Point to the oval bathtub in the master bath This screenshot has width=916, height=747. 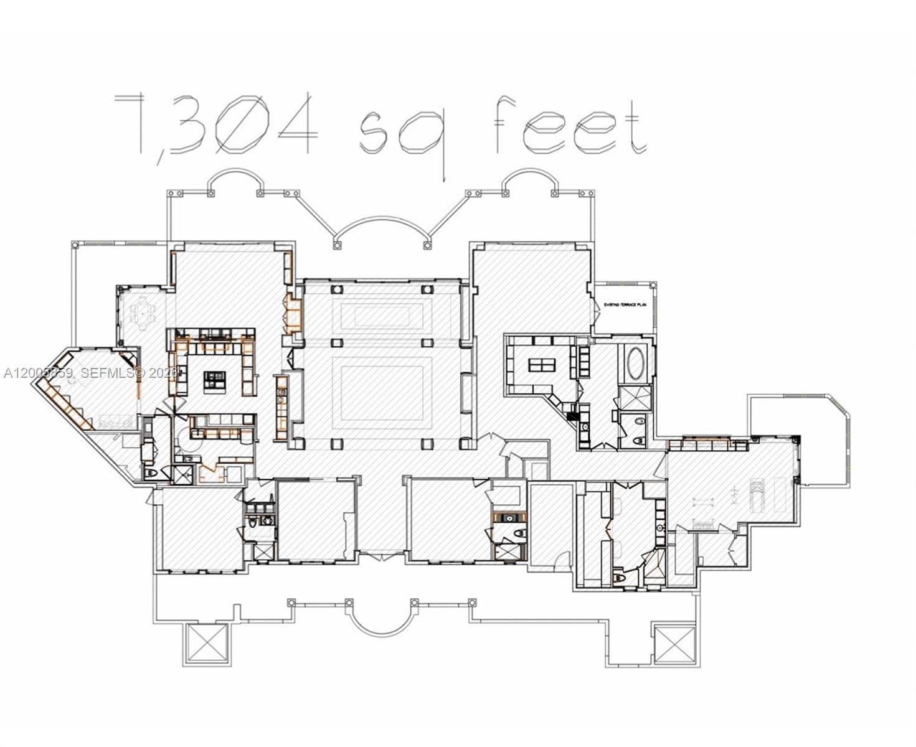636,364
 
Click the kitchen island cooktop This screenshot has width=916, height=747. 215,378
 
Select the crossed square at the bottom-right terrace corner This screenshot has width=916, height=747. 674,643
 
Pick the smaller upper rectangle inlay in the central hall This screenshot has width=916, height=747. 382,316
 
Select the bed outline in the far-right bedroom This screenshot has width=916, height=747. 757,494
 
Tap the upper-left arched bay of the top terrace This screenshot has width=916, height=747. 236,181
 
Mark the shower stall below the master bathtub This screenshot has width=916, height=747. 635,397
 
